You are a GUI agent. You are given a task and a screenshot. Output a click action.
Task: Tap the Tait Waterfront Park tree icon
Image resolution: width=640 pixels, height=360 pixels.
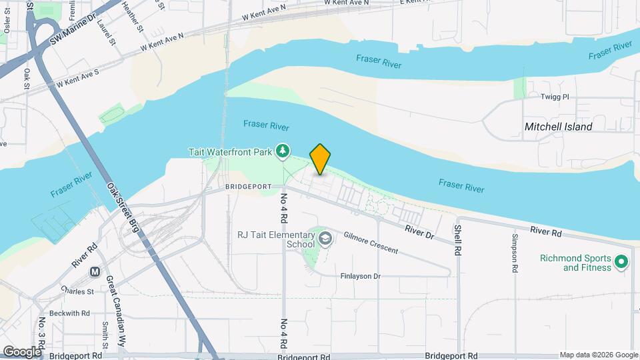[x=284, y=151]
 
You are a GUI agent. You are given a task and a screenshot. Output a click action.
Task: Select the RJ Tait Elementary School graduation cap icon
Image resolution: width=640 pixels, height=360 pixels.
[x=325, y=239]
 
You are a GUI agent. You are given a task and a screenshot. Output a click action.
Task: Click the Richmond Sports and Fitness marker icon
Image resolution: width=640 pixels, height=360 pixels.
[x=621, y=262]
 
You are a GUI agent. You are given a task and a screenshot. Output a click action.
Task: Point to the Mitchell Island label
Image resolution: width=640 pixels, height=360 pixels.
[x=558, y=126]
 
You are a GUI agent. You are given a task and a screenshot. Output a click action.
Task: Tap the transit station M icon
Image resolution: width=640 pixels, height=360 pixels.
[x=95, y=272]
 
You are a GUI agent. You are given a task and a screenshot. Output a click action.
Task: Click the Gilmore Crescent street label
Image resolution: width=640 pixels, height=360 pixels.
[x=371, y=243]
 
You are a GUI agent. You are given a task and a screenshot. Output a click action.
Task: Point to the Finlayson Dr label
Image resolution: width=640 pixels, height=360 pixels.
[x=360, y=275]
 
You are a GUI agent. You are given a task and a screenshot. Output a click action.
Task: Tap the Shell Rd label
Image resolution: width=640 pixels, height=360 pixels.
[x=458, y=241]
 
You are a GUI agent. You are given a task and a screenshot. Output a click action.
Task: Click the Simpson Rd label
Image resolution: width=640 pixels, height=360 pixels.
[x=515, y=253]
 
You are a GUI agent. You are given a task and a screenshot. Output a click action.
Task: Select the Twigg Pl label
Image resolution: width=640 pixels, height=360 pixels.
[x=555, y=97]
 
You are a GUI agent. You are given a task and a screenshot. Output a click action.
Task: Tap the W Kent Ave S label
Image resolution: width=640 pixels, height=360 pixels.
[x=77, y=77]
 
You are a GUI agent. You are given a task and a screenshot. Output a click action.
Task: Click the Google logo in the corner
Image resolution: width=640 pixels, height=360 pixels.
[x=21, y=351]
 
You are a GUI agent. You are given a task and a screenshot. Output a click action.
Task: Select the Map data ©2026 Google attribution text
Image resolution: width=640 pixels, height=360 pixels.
[x=598, y=355]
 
